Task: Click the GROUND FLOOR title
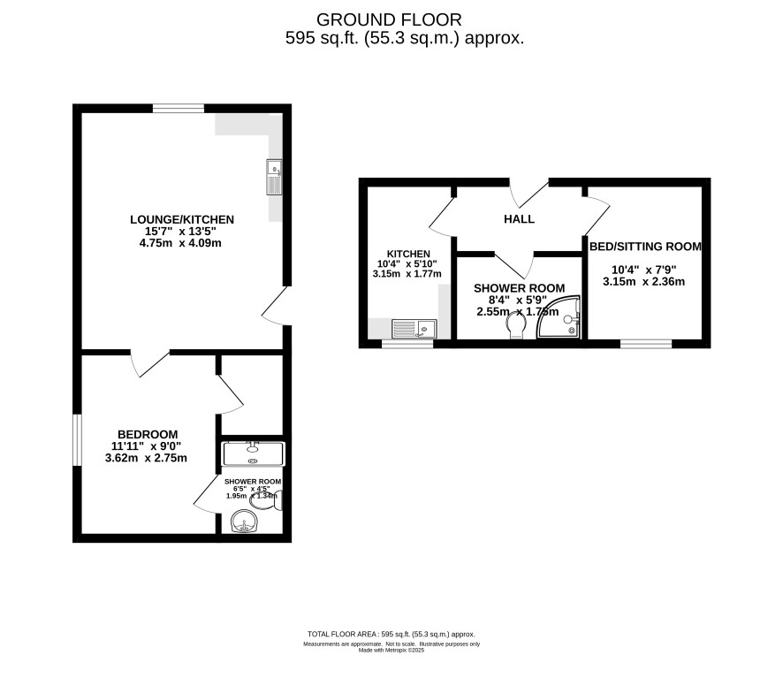pyautogui.click(x=389, y=20)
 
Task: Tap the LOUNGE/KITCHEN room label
pyautogui.click(x=182, y=219)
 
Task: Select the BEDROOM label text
pyautogui.click(x=148, y=435)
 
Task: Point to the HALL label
pyautogui.click(x=519, y=219)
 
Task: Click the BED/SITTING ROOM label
pyautogui.click(x=645, y=247)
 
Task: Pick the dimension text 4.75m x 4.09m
pyautogui.click(x=180, y=243)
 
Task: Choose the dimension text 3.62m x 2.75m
pyautogui.click(x=146, y=458)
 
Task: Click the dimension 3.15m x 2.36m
pyautogui.click(x=643, y=282)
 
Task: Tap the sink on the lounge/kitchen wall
pyautogui.click(x=274, y=177)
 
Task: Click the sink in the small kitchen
pyautogui.click(x=414, y=329)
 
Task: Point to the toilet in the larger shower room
pyautogui.click(x=516, y=327)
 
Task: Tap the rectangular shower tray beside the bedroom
pyautogui.click(x=253, y=453)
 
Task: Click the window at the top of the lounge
pyautogui.click(x=179, y=109)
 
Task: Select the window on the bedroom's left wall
pyautogui.click(x=77, y=439)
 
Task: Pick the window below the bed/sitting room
pyautogui.click(x=646, y=344)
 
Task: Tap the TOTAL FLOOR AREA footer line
pyautogui.click(x=391, y=634)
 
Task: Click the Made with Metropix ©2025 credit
pyautogui.click(x=391, y=650)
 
